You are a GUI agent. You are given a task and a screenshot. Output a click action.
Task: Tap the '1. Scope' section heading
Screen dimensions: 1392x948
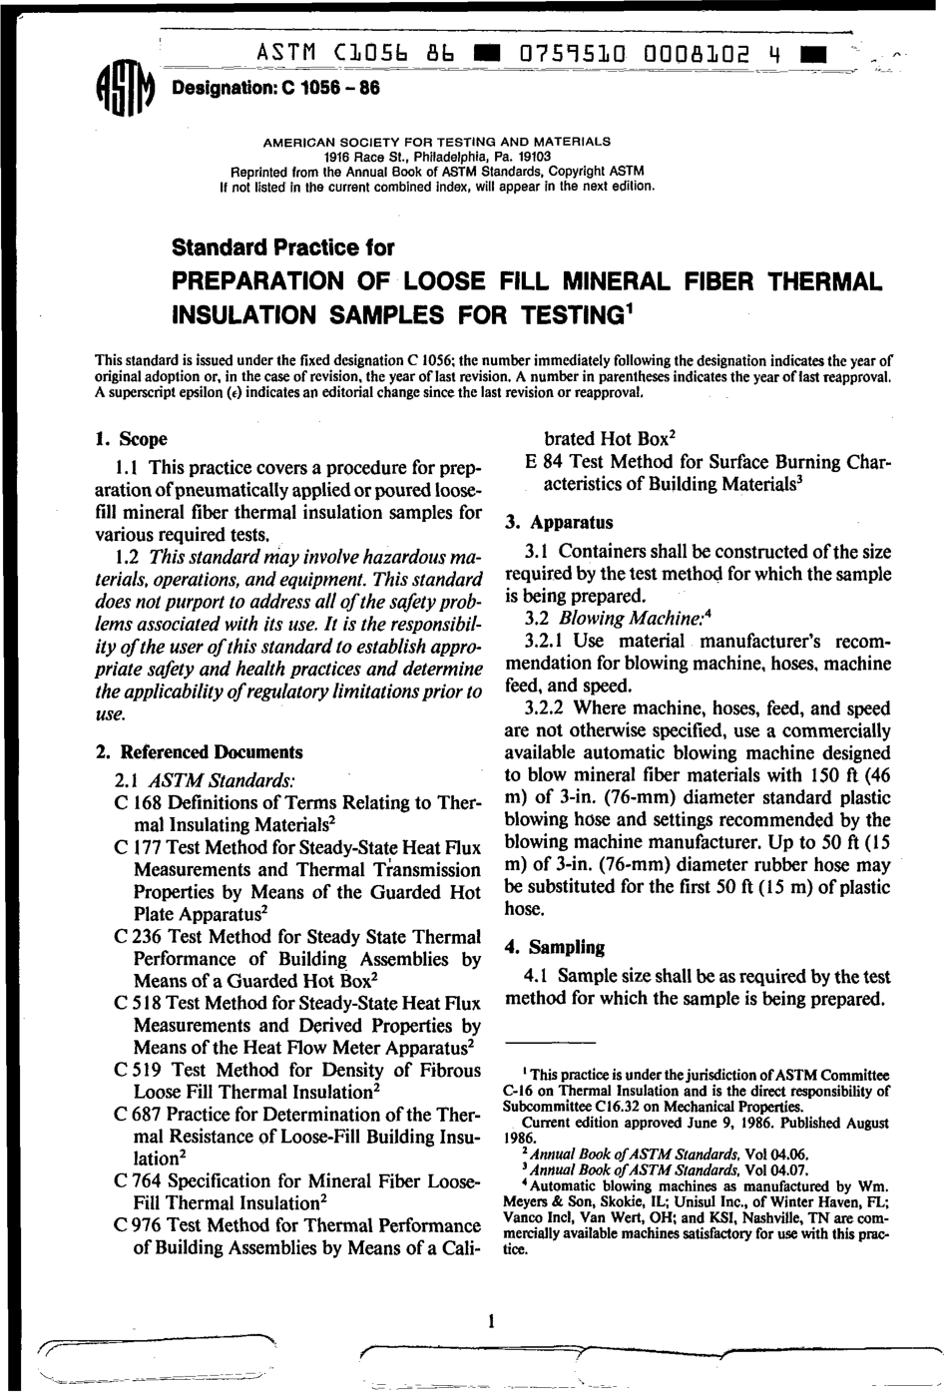pos(131,439)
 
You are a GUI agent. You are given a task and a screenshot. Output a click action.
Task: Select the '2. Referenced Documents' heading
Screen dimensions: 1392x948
pos(199,752)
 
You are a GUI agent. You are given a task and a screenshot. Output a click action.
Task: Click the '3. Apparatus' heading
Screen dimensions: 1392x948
pos(559,522)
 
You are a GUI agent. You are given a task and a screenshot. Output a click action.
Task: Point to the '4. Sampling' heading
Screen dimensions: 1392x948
pos(555,947)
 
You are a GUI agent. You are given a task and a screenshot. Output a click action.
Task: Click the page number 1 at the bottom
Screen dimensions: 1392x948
pos(490,1322)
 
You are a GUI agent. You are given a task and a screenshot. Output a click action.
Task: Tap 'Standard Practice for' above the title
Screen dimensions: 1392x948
pos(283,247)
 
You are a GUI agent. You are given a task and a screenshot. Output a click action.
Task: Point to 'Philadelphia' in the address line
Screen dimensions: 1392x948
pos(439,157)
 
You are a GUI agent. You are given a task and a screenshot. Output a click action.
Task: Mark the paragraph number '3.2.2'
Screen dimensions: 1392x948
pos(545,708)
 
